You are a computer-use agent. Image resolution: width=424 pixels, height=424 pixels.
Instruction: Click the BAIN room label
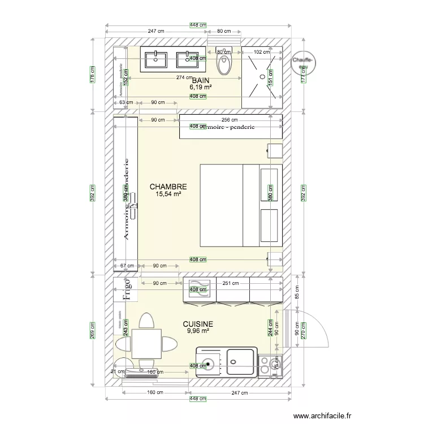tap(200, 81)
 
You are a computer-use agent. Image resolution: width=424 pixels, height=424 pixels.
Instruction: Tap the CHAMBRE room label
tap(168, 186)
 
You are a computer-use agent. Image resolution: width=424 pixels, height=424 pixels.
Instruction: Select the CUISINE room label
tap(198, 324)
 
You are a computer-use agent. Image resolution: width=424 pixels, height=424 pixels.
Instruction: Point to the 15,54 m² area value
tap(168, 194)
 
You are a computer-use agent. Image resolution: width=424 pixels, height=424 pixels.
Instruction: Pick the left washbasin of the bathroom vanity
tap(156, 58)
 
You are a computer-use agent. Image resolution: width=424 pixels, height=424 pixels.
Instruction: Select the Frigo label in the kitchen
tap(127, 288)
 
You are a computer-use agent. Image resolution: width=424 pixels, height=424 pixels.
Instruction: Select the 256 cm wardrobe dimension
tap(229, 120)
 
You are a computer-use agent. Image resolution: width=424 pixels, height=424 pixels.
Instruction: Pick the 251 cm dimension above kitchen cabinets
tap(231, 284)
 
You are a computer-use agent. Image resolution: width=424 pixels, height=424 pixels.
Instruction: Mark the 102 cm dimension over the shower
tap(262, 52)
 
